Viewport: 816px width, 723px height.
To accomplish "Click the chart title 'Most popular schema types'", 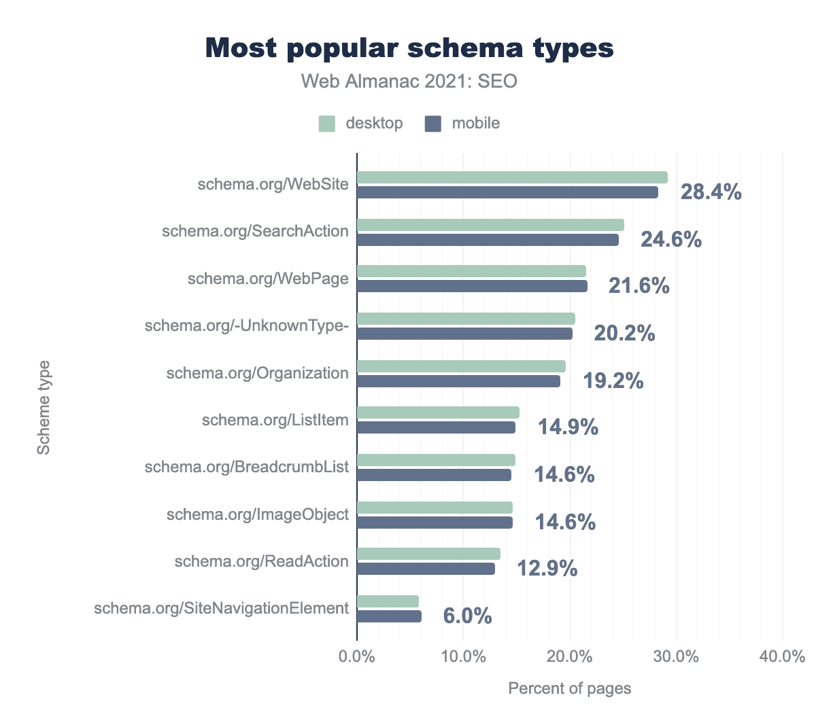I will click(x=409, y=48).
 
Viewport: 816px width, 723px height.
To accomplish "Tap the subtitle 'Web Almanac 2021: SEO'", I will click(x=409, y=82).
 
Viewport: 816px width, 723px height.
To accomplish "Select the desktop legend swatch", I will click(x=327, y=124).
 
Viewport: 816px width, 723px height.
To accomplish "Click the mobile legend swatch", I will click(x=433, y=124).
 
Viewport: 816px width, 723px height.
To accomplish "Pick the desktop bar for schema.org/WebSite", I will click(x=512, y=177).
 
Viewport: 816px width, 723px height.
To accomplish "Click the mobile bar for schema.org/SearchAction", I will click(x=488, y=240).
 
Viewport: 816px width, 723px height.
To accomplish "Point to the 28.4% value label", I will click(x=711, y=192).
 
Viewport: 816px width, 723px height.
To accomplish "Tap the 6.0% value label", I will click(x=467, y=616).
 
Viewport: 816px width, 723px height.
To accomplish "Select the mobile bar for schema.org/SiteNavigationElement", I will click(x=389, y=616).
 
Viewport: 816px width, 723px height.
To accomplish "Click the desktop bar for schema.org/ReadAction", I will click(x=428, y=554).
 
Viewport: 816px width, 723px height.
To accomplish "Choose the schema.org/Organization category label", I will click(x=258, y=373).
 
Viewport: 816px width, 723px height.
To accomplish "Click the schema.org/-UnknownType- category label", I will click(x=247, y=326).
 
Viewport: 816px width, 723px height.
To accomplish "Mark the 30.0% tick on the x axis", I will click(x=677, y=657).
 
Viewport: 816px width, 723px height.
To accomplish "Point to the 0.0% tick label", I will click(x=357, y=657).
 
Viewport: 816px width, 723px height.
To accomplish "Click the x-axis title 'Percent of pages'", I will click(x=570, y=688).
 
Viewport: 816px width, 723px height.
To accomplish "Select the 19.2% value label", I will click(x=613, y=381).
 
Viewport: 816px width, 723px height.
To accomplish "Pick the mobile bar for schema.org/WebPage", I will click(x=472, y=287).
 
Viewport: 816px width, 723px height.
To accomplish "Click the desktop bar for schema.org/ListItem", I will click(x=438, y=412).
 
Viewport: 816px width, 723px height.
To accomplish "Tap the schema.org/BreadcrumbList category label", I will click(x=247, y=467).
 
